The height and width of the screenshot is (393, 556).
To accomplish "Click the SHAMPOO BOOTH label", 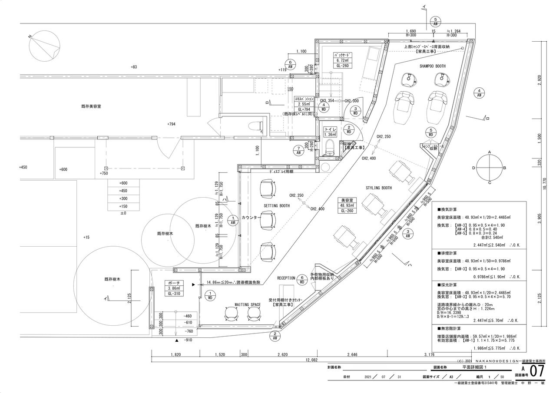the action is click(x=432, y=66).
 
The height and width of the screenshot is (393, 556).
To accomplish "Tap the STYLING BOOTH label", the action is click(x=379, y=188).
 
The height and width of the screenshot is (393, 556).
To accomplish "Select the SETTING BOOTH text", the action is click(x=277, y=205).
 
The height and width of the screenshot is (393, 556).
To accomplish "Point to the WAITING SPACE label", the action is click(x=248, y=305).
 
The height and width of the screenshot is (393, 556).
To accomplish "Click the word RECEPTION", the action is click(x=286, y=278).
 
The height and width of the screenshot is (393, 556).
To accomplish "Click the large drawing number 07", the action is click(x=538, y=372).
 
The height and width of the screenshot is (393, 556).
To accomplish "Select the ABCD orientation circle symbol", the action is click(x=489, y=167).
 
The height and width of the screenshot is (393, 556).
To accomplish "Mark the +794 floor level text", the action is click(x=171, y=124).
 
